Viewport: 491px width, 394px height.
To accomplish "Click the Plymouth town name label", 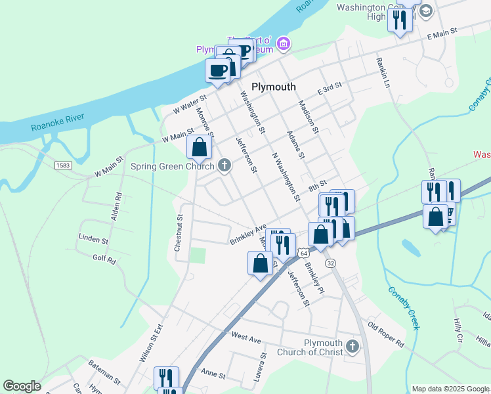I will [x=274, y=87].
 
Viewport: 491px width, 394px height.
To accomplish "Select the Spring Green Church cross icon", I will [x=225, y=165].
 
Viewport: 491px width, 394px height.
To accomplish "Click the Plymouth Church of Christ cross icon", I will [x=352, y=345].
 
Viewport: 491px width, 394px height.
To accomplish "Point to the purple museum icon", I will [x=284, y=44].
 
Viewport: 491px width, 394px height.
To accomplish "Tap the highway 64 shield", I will [x=303, y=253].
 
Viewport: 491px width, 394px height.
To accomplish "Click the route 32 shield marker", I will [x=331, y=263].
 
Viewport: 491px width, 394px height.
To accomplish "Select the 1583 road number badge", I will [x=63, y=165].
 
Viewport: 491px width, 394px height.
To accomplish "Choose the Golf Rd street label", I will [x=104, y=260].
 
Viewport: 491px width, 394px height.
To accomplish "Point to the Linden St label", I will [x=93, y=240].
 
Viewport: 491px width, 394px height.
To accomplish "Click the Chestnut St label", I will [x=178, y=232].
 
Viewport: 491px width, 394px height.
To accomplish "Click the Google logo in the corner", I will [x=22, y=386].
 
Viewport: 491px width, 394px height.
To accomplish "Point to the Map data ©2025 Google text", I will [x=450, y=389].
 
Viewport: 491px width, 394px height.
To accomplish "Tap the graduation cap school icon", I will [x=425, y=11].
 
